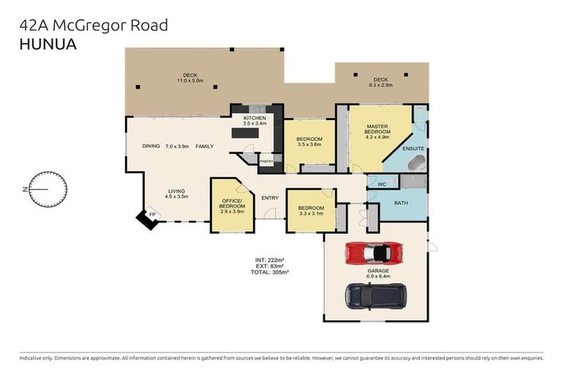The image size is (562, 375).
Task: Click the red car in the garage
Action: (x=373, y=253)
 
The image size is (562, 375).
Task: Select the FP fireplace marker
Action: (x=152, y=214)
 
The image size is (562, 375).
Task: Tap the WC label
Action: (x=382, y=184)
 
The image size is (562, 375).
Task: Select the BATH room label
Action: (x=400, y=202)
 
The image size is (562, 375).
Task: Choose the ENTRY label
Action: (x=269, y=197)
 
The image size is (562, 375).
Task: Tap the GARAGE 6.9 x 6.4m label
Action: (x=378, y=272)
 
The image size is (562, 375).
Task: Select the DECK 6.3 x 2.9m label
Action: (x=381, y=82)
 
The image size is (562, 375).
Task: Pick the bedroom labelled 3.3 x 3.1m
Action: (x=310, y=211)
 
